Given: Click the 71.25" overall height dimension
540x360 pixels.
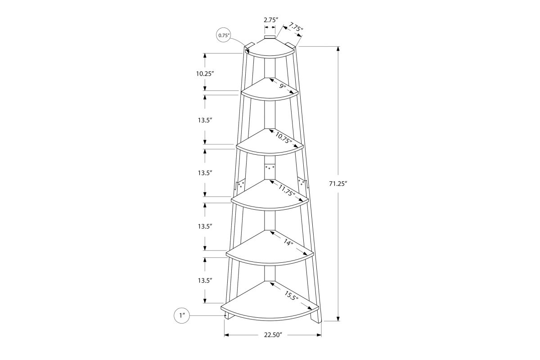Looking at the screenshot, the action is (338, 184).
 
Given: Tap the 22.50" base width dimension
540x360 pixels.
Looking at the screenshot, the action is (273, 335).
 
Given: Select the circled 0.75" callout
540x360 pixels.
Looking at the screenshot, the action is (224, 35).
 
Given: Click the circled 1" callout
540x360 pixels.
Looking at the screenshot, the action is (181, 315).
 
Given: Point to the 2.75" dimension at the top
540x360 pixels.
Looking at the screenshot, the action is (271, 20).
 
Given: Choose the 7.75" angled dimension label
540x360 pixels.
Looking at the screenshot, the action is (295, 27).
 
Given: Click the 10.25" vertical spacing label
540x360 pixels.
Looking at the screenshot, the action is (205, 73).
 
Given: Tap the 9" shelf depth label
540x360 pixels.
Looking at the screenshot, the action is (283, 85).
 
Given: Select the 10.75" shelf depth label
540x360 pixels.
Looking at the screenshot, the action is (283, 138).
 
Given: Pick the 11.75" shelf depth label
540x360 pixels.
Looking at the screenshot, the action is (287, 190).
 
